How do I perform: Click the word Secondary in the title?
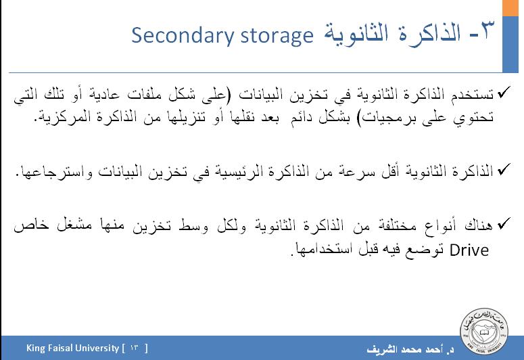[x=183, y=36]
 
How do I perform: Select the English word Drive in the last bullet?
[x=469, y=250]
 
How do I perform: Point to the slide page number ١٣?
[x=135, y=348]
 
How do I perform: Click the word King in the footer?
[x=35, y=348]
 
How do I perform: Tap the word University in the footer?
[x=97, y=348]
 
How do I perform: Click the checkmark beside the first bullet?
[x=504, y=92]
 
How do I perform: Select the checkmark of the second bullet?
[x=504, y=169]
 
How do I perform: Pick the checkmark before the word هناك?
[x=504, y=223]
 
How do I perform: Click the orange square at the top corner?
[x=510, y=7]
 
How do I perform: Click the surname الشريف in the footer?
[x=381, y=349]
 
